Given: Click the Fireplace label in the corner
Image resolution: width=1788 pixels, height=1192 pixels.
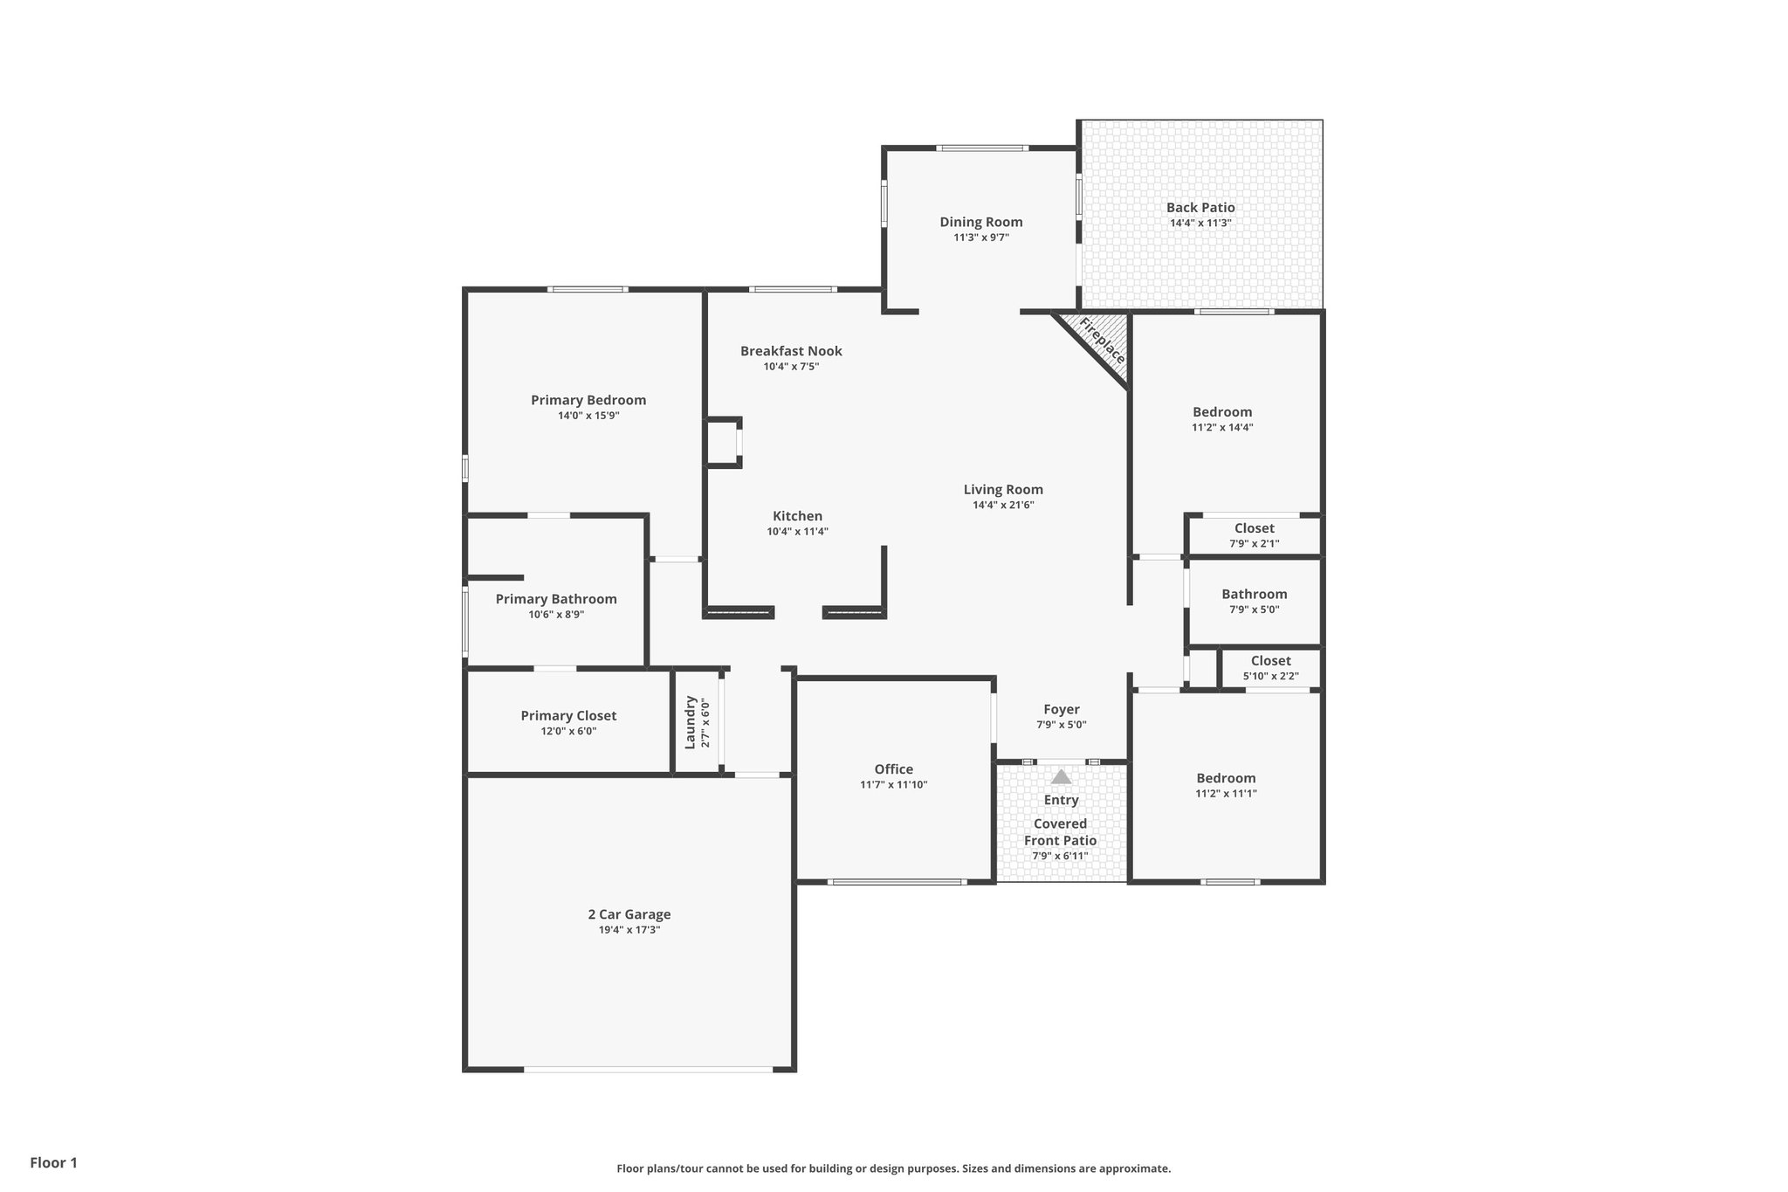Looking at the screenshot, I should pos(1102,341).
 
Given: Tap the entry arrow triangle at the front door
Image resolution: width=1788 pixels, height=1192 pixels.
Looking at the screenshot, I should pos(1061,776).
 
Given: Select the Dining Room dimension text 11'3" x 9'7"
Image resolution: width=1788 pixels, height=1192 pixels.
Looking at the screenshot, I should pos(980,238).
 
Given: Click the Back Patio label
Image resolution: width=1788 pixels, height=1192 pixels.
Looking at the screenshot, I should pos(1200,208).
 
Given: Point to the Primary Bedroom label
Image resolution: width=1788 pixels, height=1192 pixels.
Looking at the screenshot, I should pos(588,400).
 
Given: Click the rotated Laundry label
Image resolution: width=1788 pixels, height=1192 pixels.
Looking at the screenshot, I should pos(690,722).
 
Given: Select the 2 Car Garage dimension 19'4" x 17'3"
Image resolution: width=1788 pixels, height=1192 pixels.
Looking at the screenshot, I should pos(629,930).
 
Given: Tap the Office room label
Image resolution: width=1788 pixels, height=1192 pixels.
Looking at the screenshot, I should pos(893,769).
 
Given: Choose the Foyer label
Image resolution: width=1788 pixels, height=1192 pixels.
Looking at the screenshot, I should pos(1061,709).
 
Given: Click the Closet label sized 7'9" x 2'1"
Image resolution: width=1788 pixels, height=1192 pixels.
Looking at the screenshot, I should pos(1254,528).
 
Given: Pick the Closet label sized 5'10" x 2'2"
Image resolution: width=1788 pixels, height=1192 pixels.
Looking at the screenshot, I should pos(1270,661).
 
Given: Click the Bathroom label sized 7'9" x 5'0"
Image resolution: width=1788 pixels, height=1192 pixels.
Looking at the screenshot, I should pos(1254,595).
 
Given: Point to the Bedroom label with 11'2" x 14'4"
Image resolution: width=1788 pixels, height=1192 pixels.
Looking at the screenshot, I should pos(1222,412).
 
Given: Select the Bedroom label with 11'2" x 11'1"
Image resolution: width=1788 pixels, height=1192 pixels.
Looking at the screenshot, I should pos(1226,778).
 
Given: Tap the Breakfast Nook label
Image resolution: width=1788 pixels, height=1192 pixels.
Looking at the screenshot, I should pos(791,351).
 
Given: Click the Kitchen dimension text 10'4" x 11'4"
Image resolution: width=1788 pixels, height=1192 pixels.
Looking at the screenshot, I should pos(797,532).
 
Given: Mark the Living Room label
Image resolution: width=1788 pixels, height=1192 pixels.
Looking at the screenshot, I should pos(1003,490).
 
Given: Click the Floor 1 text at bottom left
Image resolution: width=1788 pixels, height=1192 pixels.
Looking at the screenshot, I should pos(53,1162).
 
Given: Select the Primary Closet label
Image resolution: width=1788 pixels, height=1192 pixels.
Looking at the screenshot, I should pos(568,716).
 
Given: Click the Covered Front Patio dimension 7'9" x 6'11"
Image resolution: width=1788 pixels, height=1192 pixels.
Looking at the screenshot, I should pos(1060,856).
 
